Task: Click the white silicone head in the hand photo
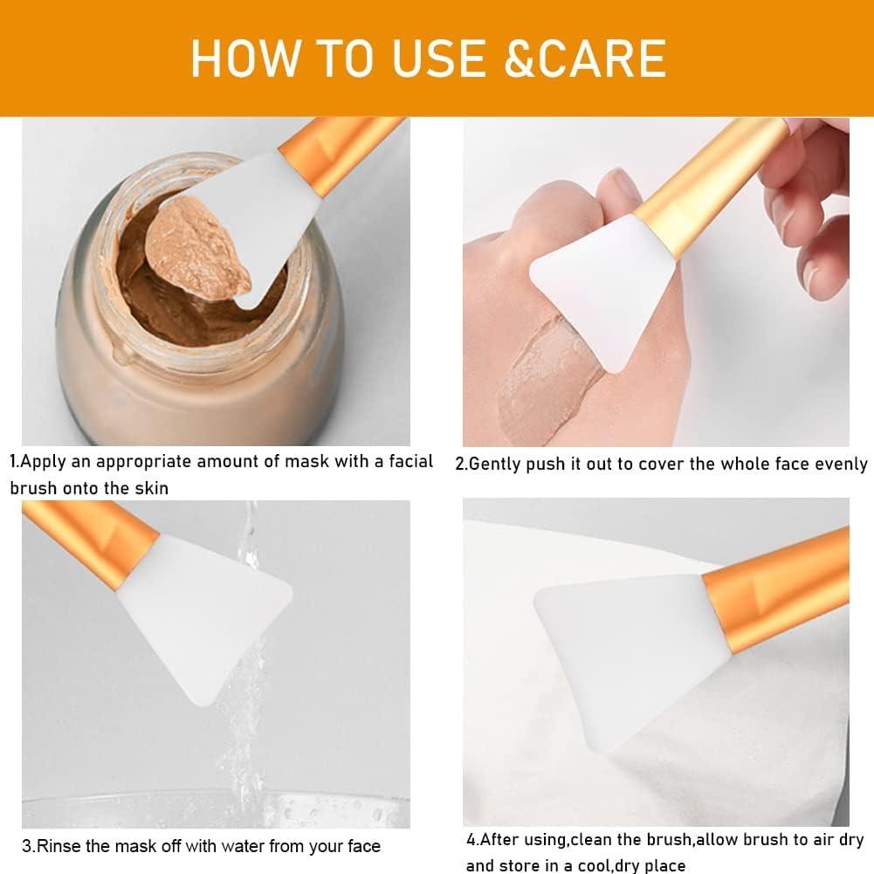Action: click(602, 288)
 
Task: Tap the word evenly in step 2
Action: click(841, 465)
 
